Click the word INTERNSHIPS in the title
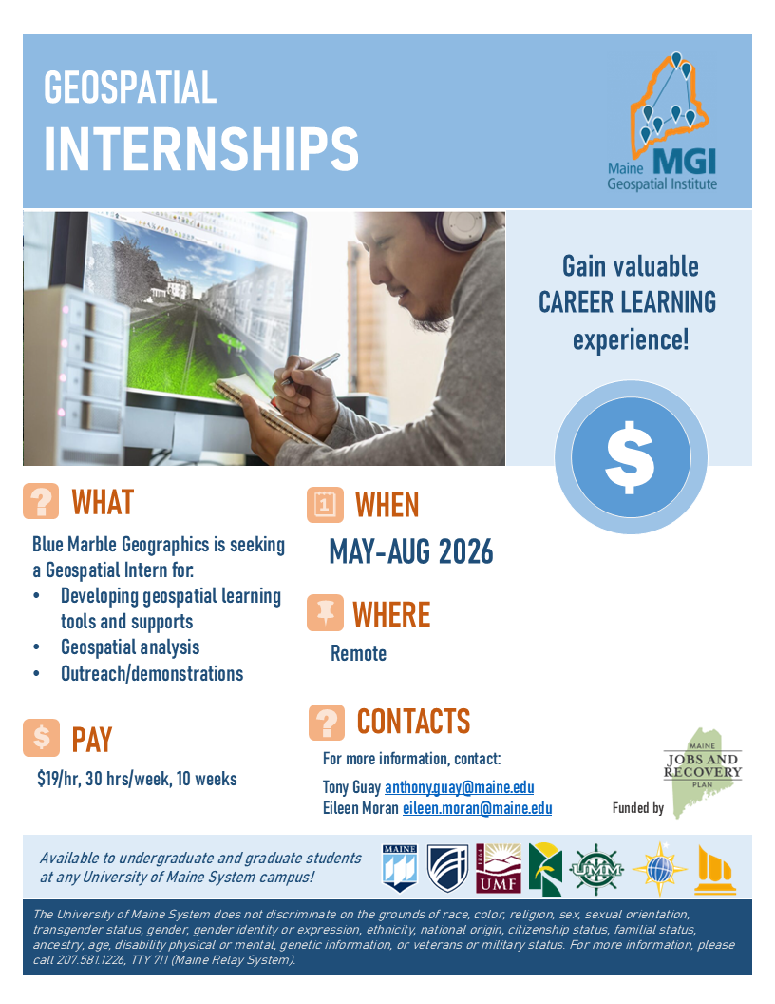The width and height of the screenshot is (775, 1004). [x=200, y=148]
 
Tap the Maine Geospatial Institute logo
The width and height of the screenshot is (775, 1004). [x=663, y=122]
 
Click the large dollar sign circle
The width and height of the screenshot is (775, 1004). [x=631, y=457]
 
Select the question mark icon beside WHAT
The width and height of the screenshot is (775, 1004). [x=41, y=501]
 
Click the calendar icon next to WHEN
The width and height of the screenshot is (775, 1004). [x=325, y=505]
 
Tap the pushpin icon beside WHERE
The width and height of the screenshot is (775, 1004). [x=325, y=613]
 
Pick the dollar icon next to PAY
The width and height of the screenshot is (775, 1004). [x=41, y=738]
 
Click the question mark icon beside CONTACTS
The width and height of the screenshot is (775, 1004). [x=326, y=723]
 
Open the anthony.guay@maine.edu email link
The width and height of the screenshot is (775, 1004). [x=459, y=787]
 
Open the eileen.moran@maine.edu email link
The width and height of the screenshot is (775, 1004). [x=477, y=808]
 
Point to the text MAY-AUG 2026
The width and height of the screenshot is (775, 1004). [x=411, y=551]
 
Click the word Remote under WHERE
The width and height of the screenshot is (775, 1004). [x=359, y=653]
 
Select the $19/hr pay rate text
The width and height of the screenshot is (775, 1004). [x=58, y=779]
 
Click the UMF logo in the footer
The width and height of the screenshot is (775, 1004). [x=499, y=868]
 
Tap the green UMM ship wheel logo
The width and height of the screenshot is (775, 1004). [x=595, y=869]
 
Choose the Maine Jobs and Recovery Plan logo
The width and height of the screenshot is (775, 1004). [x=702, y=772]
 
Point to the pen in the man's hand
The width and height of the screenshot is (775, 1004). [x=312, y=368]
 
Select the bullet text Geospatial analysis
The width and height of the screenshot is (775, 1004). [x=130, y=647]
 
